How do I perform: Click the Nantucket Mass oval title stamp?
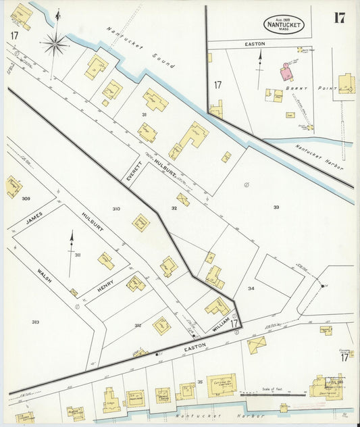(x=284, y=25)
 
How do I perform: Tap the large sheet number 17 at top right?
(x=339, y=18)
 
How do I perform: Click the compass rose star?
(x=55, y=45)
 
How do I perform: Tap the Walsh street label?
(x=45, y=276)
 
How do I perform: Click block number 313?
(x=35, y=322)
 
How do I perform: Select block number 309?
(x=26, y=199)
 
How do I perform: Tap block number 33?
(x=276, y=207)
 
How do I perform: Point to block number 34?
(x=251, y=288)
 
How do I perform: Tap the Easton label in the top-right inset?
(x=255, y=44)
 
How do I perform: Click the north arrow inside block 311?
(x=71, y=245)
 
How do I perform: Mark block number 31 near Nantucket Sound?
(x=144, y=114)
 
